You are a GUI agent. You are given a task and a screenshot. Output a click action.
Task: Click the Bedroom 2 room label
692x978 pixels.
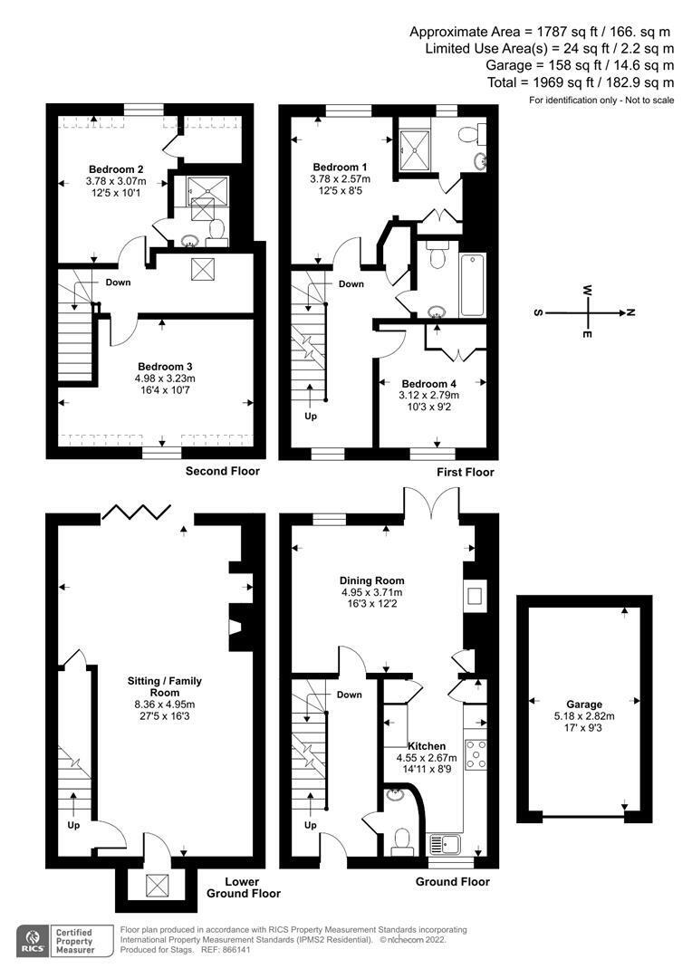tap(116, 168)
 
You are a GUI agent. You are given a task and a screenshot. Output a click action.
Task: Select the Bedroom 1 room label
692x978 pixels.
tap(340, 168)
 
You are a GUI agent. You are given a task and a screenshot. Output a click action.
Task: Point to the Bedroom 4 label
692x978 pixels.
tap(430, 383)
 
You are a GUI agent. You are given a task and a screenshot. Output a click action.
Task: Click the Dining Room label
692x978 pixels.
tap(371, 580)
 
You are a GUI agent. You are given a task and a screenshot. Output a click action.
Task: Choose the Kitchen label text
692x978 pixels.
tap(427, 744)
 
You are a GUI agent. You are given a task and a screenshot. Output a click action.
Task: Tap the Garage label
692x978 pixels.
tap(584, 704)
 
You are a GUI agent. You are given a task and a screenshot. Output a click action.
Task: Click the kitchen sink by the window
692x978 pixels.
tap(447, 844)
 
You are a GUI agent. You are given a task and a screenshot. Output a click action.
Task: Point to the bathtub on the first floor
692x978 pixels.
tap(472, 284)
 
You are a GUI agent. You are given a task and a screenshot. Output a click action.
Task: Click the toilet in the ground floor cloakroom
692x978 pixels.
tap(400, 842)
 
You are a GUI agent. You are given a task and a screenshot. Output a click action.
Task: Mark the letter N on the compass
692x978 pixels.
tap(631, 312)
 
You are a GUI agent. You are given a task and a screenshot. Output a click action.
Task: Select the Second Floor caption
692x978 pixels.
tap(222, 471)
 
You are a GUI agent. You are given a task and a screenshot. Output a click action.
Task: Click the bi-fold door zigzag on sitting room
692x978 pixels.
tap(134, 513)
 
